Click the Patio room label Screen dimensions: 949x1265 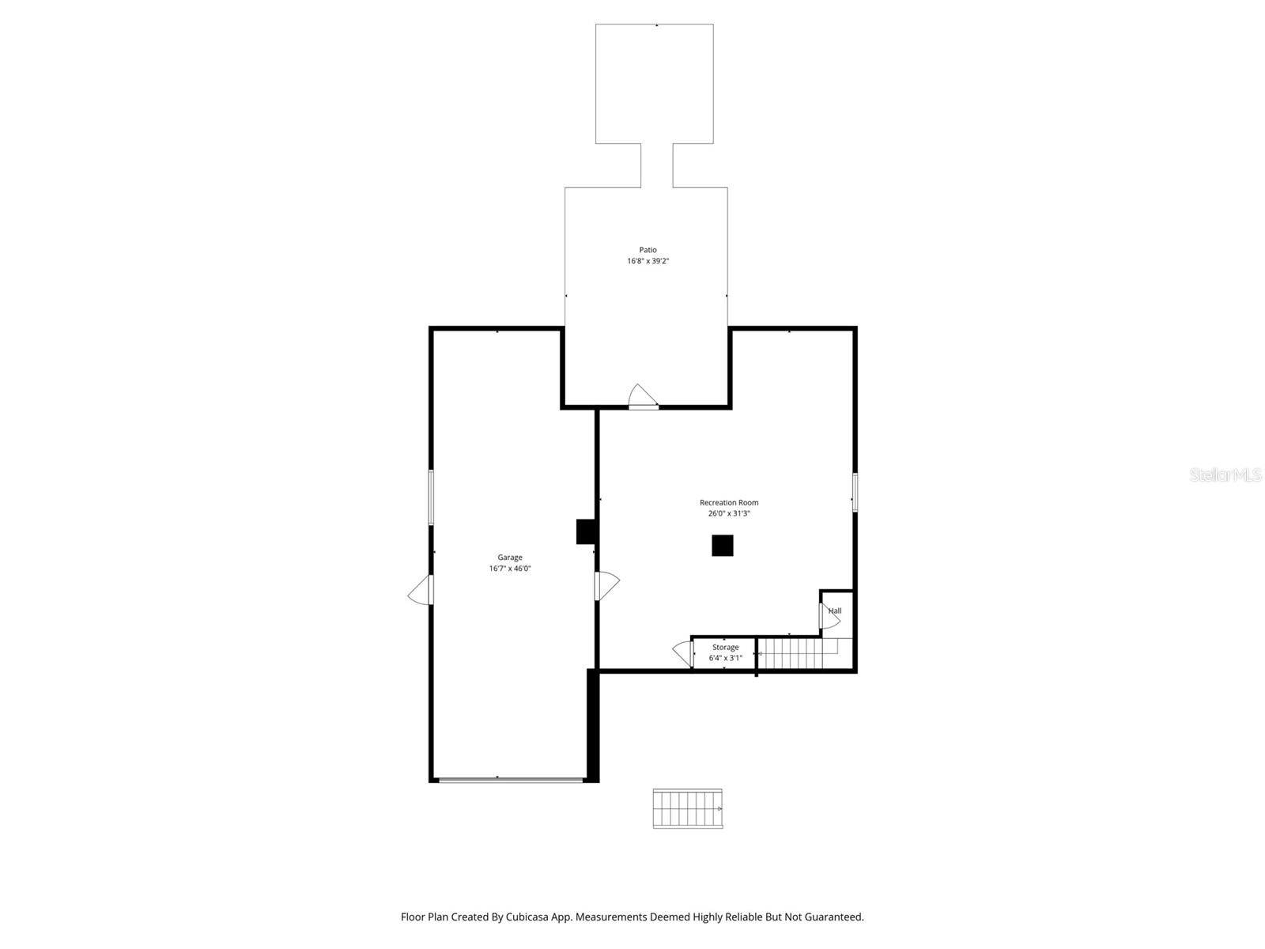[x=648, y=250]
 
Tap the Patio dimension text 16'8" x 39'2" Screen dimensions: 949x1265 [x=648, y=261]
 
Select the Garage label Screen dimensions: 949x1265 [x=509, y=558]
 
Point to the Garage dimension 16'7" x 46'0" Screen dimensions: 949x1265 [x=509, y=569]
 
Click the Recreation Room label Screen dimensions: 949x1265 [x=728, y=503]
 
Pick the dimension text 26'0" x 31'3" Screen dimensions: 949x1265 [x=728, y=513]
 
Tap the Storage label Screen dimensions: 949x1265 [x=725, y=648]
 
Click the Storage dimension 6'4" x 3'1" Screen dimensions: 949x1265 [x=725, y=658]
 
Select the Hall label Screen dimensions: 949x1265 [x=835, y=611]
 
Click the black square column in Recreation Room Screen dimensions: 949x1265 [x=722, y=546]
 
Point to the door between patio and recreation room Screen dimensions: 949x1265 [x=643, y=397]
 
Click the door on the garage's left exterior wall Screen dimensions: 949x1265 [x=421, y=590]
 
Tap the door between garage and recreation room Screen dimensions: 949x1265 [x=606, y=585]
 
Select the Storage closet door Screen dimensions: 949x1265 [x=683, y=653]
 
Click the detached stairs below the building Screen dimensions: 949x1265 [x=687, y=808]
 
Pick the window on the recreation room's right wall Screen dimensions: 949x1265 [x=855, y=492]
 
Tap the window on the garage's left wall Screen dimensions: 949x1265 [x=431, y=497]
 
